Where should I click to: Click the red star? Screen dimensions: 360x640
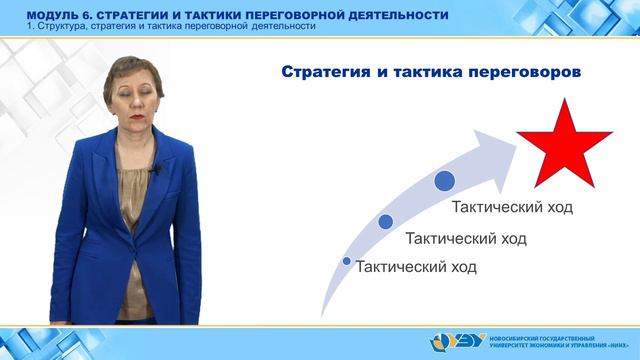click(561, 142)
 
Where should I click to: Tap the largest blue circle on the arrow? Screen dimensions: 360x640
click(445, 181)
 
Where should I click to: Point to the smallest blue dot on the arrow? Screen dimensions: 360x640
click(346, 262)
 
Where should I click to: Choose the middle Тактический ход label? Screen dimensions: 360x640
click(465, 239)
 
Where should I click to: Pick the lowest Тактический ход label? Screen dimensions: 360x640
click(416, 267)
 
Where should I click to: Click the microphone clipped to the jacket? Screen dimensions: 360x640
click(155, 172)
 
